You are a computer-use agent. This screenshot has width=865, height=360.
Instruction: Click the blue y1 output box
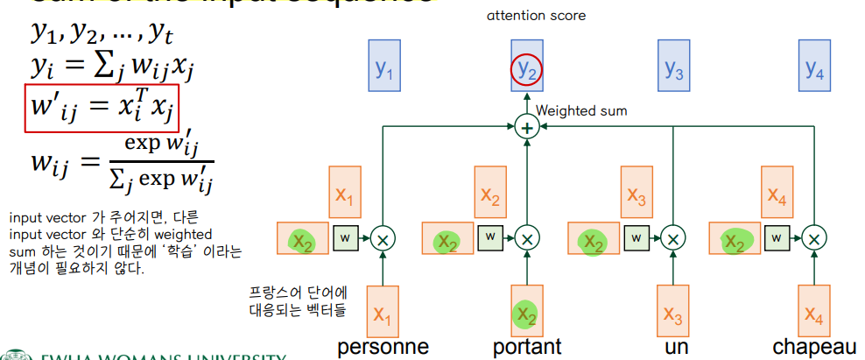[384, 67]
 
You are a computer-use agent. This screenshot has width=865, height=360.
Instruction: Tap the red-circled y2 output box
[527, 67]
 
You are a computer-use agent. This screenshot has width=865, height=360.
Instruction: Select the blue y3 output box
[672, 67]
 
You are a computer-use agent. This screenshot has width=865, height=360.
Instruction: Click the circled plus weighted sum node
[527, 128]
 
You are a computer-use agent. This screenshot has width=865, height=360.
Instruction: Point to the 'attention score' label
[537, 16]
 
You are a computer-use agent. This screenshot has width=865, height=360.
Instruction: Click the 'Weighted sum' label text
[580, 111]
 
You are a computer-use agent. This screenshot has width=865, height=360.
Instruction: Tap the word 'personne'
[383, 346]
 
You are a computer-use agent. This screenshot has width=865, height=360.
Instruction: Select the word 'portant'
[527, 346]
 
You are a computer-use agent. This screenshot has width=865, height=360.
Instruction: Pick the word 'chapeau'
[814, 346]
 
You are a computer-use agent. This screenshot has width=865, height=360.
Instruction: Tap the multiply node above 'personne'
[383, 237]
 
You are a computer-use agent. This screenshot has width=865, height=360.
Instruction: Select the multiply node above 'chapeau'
[815, 237]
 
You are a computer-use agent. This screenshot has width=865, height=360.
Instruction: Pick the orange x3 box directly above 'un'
[672, 310]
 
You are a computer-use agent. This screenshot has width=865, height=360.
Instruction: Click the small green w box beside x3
[637, 236]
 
